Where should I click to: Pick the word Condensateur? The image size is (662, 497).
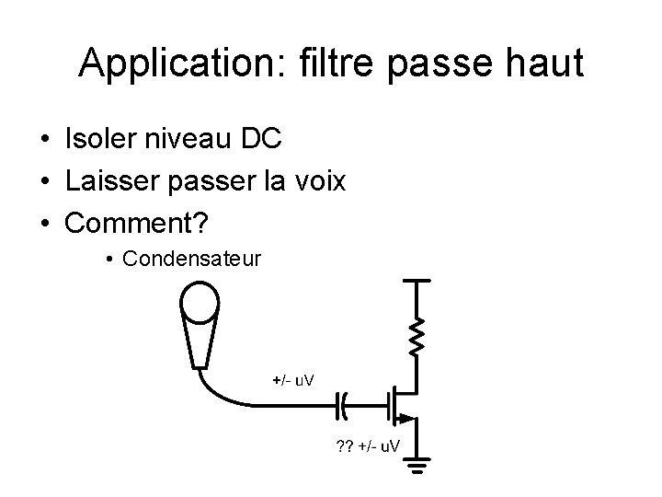point(190,259)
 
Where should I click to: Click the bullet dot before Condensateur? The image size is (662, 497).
point(108,260)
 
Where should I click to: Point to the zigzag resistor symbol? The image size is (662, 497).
point(417,335)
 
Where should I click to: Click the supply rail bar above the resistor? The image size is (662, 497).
point(417,281)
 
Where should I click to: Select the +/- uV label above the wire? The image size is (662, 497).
point(293,379)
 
